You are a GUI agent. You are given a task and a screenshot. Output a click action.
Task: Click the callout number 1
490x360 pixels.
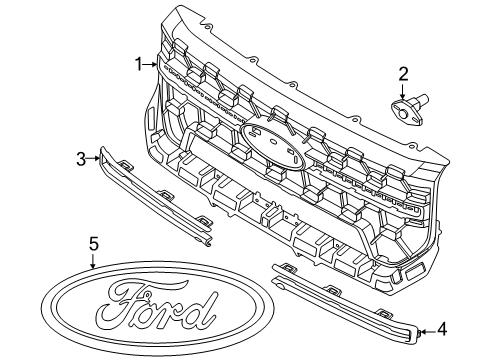[x=139, y=64]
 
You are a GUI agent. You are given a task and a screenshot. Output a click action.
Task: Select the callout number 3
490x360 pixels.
[x=81, y=157]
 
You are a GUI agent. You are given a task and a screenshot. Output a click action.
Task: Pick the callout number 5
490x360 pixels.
[x=93, y=242]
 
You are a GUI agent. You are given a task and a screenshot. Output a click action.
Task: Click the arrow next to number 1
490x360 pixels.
[x=151, y=65]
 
